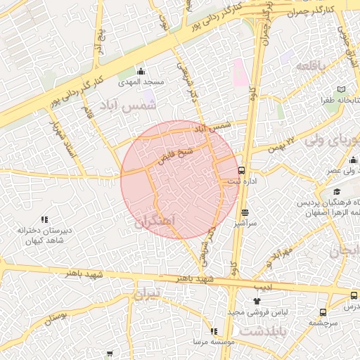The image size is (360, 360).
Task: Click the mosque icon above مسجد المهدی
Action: click(x=141, y=71)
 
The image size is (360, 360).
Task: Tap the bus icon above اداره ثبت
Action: click(x=241, y=170)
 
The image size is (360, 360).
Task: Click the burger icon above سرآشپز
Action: click(x=245, y=212)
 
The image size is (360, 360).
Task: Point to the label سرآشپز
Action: click(x=245, y=223)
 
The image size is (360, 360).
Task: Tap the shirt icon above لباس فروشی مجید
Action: click(x=245, y=302)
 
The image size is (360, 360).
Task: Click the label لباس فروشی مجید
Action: click(x=245, y=312)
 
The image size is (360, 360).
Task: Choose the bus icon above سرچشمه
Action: click(x=323, y=312)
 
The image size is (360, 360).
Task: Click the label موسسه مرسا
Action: click(x=213, y=342)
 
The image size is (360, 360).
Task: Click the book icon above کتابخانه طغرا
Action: click(x=342, y=90)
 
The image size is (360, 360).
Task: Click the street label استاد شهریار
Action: click(x=59, y=139)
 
